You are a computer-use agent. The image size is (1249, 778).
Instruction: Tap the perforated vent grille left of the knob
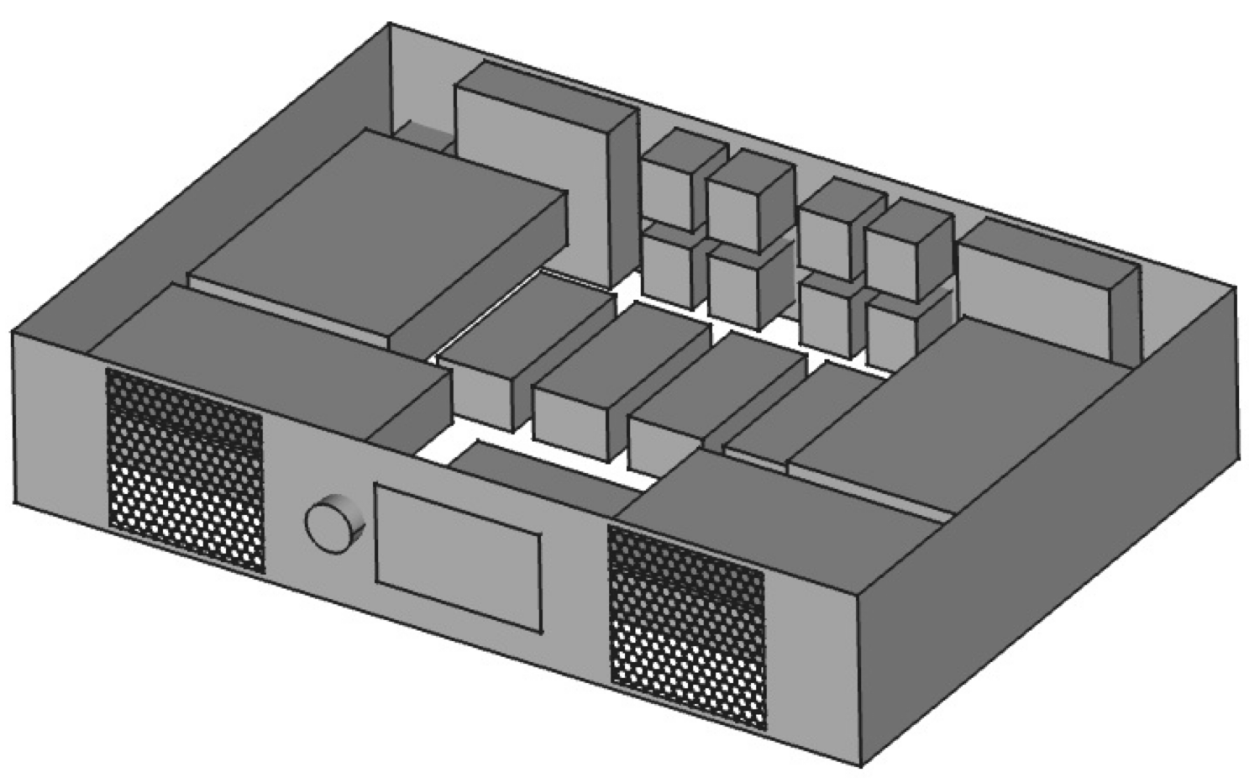pyautogui.click(x=184, y=470)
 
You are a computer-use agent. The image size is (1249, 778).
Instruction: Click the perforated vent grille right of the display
pyautogui.click(x=687, y=626)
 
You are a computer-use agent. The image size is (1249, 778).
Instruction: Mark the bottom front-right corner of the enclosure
pyautogui.click(x=861, y=765)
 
